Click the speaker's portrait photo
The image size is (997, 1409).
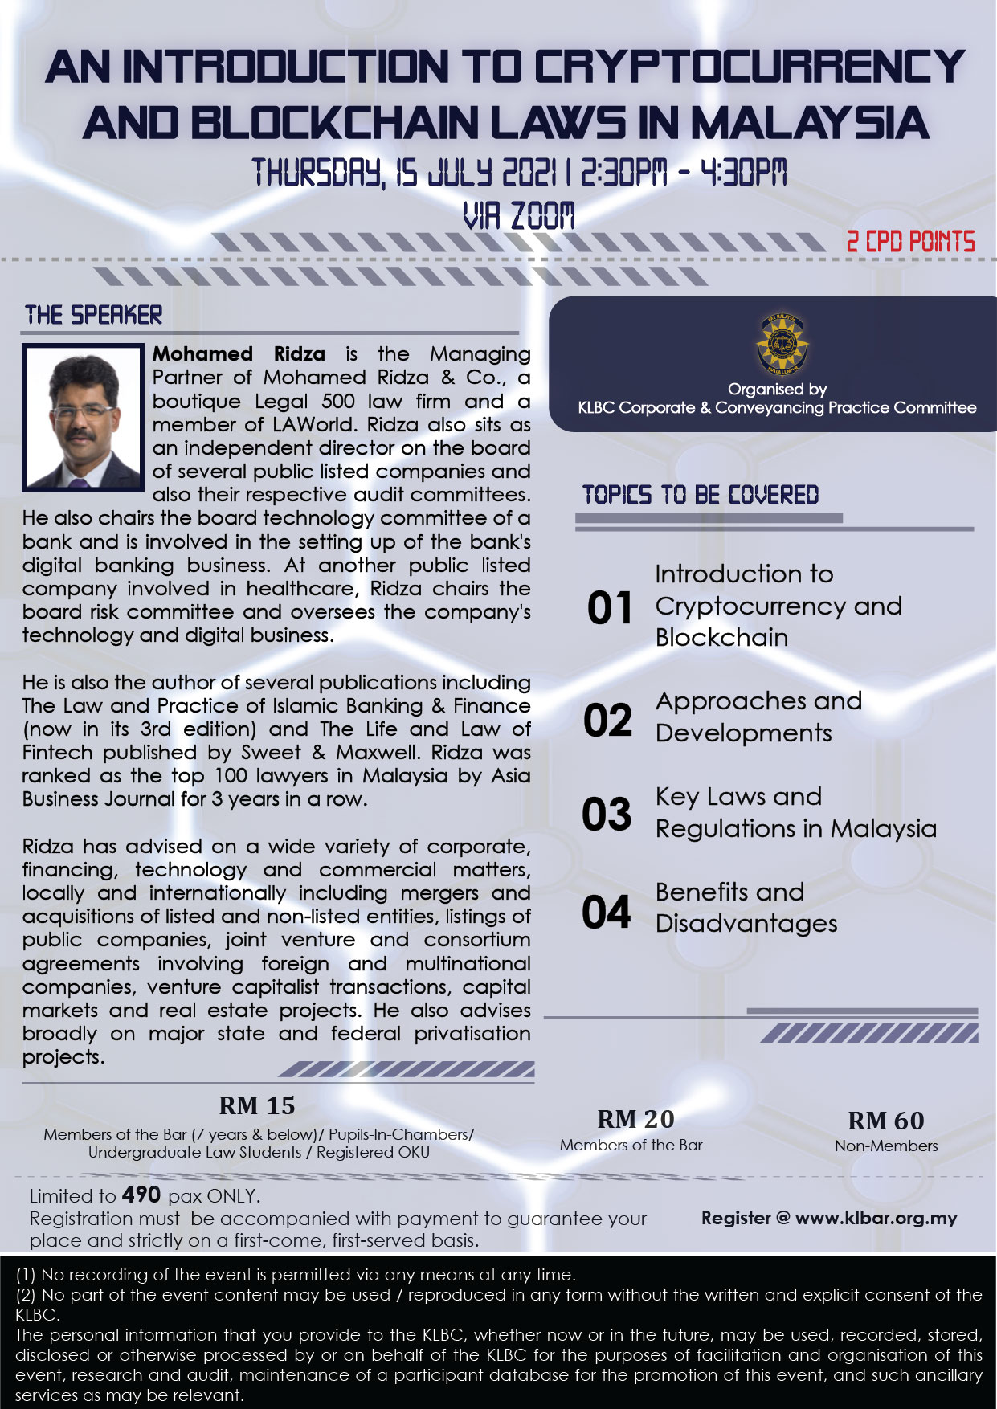tap(84, 417)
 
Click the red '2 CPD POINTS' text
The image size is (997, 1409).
tap(910, 242)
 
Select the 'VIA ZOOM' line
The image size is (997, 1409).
tap(519, 215)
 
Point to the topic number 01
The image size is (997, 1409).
tap(610, 608)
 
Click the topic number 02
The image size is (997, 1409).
tap(608, 720)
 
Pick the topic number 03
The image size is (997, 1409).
tap(607, 815)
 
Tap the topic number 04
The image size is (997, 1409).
tap(607, 913)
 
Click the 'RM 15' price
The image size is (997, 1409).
tap(257, 1106)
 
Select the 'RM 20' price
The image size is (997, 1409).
tap(635, 1119)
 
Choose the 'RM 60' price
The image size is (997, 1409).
tap(886, 1121)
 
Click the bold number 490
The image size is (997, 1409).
tap(141, 1195)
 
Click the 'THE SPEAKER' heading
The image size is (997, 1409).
tap(94, 315)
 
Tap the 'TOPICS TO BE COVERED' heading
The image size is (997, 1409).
tap(701, 495)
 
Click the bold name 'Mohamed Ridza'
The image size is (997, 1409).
tap(239, 354)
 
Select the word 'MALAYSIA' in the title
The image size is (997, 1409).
tap(809, 124)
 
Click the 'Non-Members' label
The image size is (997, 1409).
tap(886, 1146)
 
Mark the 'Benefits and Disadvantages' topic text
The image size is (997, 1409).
tap(746, 908)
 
